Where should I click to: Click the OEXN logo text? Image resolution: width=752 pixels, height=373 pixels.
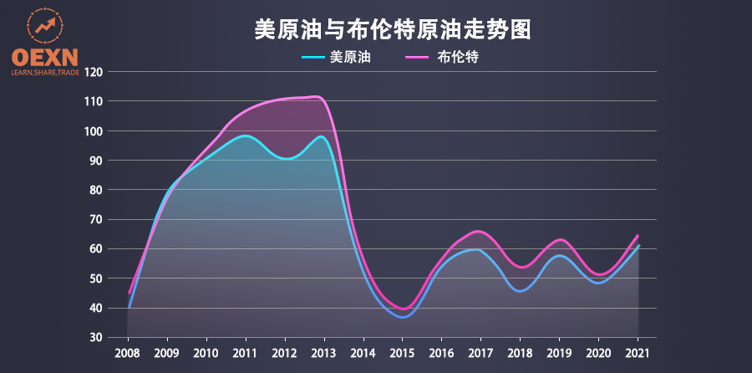click(44, 57)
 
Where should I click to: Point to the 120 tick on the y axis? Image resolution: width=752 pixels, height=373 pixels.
click(94, 72)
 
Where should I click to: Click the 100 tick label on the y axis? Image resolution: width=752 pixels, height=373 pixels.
click(94, 131)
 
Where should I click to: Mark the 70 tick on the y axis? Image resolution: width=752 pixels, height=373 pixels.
click(96, 220)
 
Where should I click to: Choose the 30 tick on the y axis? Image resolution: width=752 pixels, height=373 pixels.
click(96, 338)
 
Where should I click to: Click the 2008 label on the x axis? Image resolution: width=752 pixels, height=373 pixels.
click(128, 353)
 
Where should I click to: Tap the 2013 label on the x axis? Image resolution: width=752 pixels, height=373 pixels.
click(324, 353)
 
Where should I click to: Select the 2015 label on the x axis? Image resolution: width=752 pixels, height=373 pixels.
click(403, 353)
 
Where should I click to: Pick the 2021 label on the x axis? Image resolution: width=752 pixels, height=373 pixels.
click(638, 353)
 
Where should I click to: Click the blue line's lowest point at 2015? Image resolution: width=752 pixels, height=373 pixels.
click(404, 317)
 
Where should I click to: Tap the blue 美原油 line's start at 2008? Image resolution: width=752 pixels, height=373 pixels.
click(130, 307)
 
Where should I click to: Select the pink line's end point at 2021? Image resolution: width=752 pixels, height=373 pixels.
click(638, 235)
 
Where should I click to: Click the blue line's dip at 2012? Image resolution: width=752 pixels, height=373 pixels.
click(285, 158)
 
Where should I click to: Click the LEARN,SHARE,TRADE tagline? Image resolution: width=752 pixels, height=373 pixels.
click(44, 73)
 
